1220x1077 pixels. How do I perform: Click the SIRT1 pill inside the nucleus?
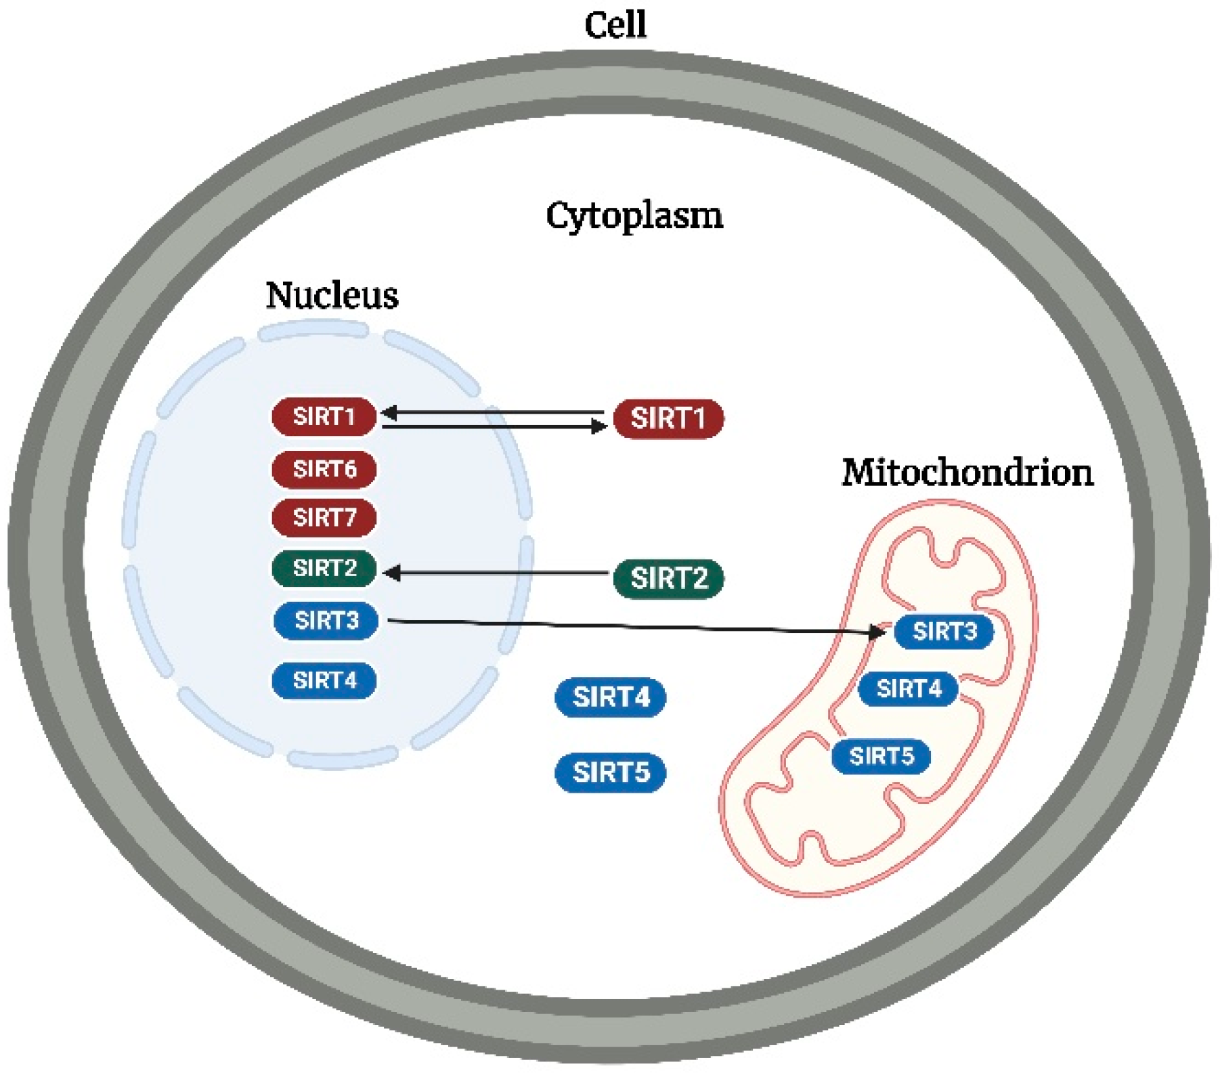tap(324, 416)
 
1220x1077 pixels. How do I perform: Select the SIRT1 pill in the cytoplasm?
tap(668, 418)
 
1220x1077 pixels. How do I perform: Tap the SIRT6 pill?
tap(324, 468)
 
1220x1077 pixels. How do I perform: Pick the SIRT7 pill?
tap(324, 518)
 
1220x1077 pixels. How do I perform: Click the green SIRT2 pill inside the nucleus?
tap(324, 568)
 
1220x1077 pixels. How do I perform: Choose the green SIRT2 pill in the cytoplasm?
tap(668, 579)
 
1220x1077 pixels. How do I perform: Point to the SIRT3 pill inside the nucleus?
tap(326, 620)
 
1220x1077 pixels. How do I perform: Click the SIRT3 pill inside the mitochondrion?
tap(944, 632)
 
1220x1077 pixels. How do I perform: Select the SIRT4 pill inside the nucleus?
tap(324, 680)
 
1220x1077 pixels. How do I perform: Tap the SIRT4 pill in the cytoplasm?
tap(610, 697)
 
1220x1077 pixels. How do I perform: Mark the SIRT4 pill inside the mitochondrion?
tap(908, 689)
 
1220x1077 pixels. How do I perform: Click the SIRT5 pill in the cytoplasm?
tap(610, 772)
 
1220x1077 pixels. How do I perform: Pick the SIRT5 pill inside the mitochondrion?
tap(881, 755)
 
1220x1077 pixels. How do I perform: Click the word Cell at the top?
tap(615, 26)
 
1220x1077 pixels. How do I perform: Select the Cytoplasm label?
tap(634, 217)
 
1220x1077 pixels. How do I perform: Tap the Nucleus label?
tap(332, 296)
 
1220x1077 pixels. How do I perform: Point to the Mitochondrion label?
tap(967, 472)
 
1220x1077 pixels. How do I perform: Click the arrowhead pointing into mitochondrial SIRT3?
tap(877, 632)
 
